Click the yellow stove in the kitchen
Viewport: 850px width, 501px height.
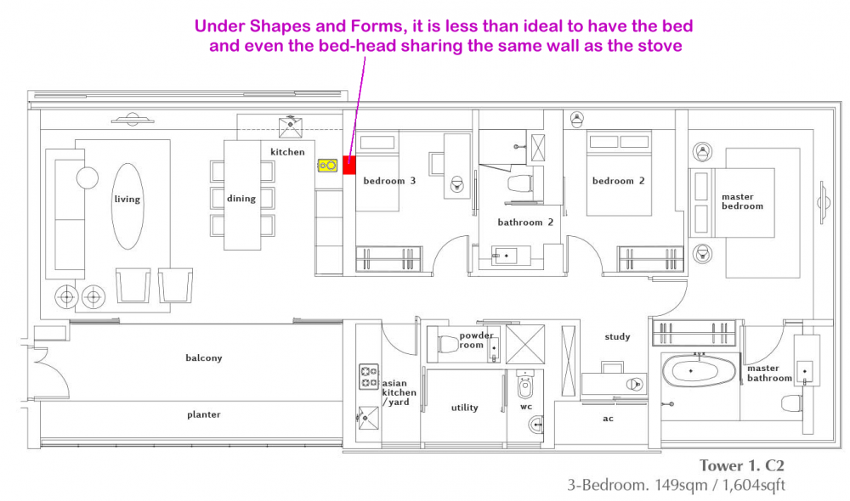pos(327,166)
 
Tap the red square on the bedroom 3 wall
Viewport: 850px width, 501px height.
pos(349,166)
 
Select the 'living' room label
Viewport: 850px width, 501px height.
pos(127,200)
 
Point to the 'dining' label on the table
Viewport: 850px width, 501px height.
pos(241,199)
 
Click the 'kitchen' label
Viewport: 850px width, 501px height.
pos(287,152)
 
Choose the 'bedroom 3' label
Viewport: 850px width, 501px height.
pos(389,181)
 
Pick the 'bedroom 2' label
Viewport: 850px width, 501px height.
pos(619,181)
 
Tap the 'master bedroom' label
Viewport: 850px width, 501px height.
pos(742,201)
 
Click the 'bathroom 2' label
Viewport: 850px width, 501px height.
pos(525,222)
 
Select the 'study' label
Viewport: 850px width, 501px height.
pos(617,337)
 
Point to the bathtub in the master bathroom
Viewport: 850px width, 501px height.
pos(699,371)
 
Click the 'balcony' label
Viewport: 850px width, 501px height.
pos(204,358)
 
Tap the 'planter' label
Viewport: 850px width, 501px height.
pos(204,415)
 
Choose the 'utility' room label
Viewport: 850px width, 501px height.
pos(465,408)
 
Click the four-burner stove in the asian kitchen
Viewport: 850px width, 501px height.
pos(369,377)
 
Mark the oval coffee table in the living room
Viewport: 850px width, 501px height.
pos(128,206)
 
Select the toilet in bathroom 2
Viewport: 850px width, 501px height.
pos(519,183)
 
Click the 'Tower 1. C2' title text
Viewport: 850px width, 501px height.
pos(741,466)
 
